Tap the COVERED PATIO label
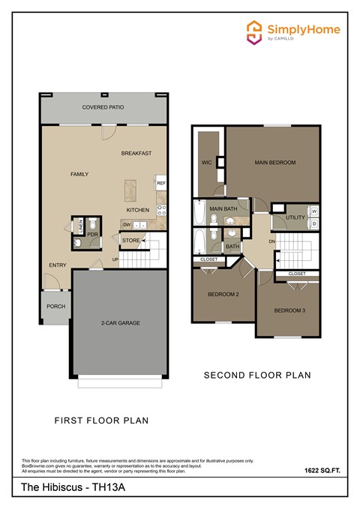[x=103, y=107]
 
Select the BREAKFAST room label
[x=136, y=153]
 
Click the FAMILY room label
[x=79, y=174]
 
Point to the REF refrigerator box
[x=160, y=182]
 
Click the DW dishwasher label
[x=127, y=224]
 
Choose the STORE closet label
[x=130, y=241]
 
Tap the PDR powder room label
[x=93, y=234]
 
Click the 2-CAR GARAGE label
[x=121, y=323]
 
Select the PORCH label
[x=55, y=306]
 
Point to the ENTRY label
[x=58, y=265]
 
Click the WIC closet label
[x=206, y=161]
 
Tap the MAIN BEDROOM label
[x=274, y=162]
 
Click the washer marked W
[x=313, y=211]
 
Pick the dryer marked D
[x=313, y=223]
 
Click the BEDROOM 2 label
[x=223, y=295]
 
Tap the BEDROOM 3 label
[x=289, y=310]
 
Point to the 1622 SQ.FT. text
[x=322, y=471]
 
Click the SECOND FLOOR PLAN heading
[x=257, y=374]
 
